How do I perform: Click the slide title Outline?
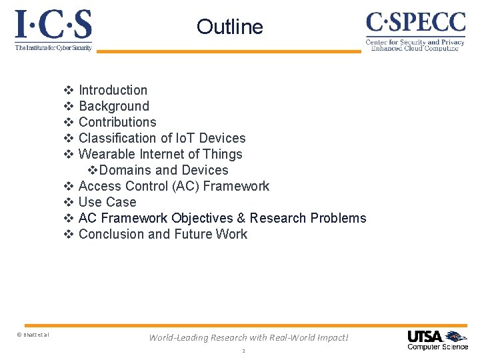tap(230, 27)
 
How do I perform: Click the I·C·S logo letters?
tap(53, 25)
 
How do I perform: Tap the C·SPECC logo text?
tap(415, 23)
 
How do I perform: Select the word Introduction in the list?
tap(113, 90)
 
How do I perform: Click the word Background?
tap(113, 106)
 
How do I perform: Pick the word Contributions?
tap(117, 122)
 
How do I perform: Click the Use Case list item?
tap(107, 202)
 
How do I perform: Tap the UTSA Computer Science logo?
tap(437, 339)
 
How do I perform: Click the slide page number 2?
tap(243, 351)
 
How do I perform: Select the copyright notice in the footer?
tap(32, 334)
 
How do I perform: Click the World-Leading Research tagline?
tap(248, 337)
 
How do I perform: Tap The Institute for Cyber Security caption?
tap(53, 48)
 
